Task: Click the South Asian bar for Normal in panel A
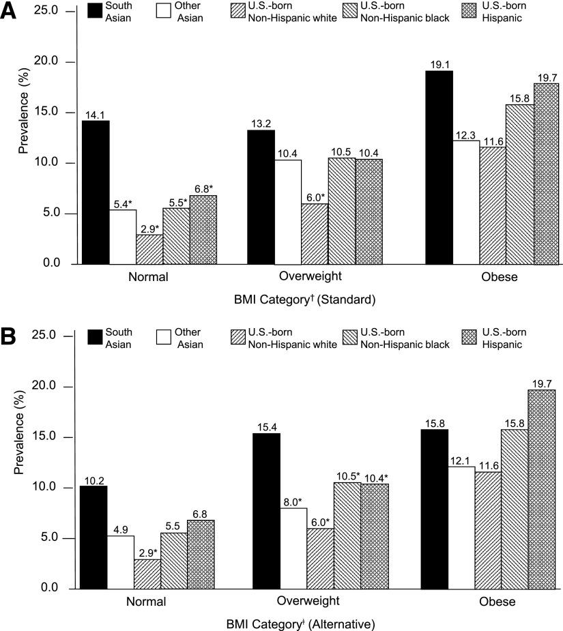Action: click(96, 192)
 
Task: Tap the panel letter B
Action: click(10, 336)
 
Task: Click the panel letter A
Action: click(10, 12)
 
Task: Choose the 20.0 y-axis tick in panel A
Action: click(59, 62)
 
